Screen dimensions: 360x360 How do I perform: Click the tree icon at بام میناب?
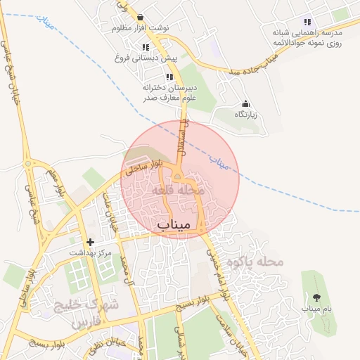(316, 297)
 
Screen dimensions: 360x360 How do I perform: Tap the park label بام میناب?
(316, 309)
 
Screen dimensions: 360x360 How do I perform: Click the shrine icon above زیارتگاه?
(245, 104)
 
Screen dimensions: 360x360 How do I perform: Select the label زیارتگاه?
(245, 114)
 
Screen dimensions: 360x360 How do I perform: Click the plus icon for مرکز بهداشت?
(90, 242)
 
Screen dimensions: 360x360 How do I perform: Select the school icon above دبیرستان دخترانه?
(169, 77)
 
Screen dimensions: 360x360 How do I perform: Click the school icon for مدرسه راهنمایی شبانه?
(307, 22)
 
